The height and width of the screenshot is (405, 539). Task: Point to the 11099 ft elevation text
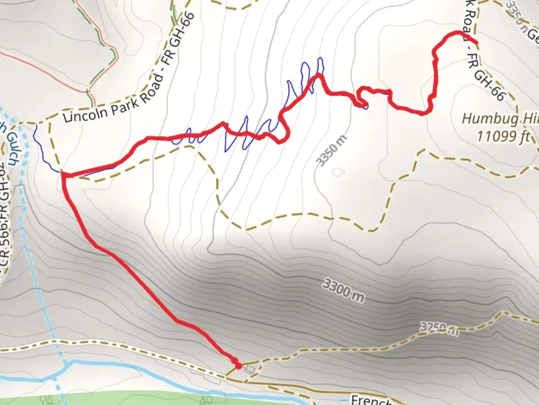coord(503,136)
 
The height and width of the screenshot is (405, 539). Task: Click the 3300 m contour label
coord(342,291)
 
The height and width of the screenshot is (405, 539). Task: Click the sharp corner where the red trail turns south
coord(64,175)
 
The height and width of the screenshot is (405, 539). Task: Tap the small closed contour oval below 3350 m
coord(338,172)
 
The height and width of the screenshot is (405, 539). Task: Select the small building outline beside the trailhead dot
coord(250,370)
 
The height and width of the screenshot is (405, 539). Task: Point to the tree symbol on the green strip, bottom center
coord(204,400)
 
